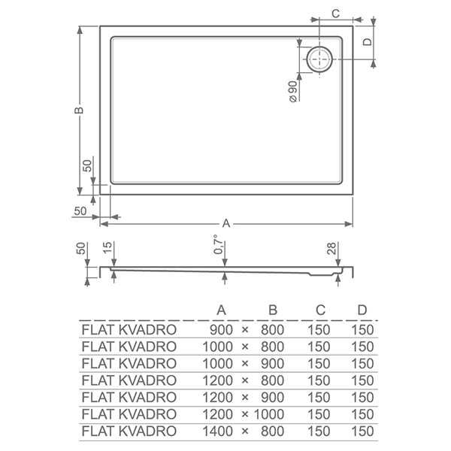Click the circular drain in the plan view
coord(319,59)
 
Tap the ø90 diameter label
coord(292,92)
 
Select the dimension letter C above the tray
coord(336,14)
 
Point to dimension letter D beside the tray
coord(367,42)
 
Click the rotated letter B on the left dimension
coord(79,110)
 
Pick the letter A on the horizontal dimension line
coord(226,223)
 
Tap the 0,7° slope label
coord(219,244)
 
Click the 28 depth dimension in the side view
coord(331,248)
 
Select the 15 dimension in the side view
coord(107,247)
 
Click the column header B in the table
coord(273,310)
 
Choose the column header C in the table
coord(320,310)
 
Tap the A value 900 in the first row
coord(221,330)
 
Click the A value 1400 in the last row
coord(217,431)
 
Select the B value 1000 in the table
coord(268,414)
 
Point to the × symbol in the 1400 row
coord(245,431)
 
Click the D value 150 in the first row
coord(362,330)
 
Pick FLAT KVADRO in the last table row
coord(129,431)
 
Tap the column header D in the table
coord(362,310)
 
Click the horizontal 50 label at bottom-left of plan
coord(80,210)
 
